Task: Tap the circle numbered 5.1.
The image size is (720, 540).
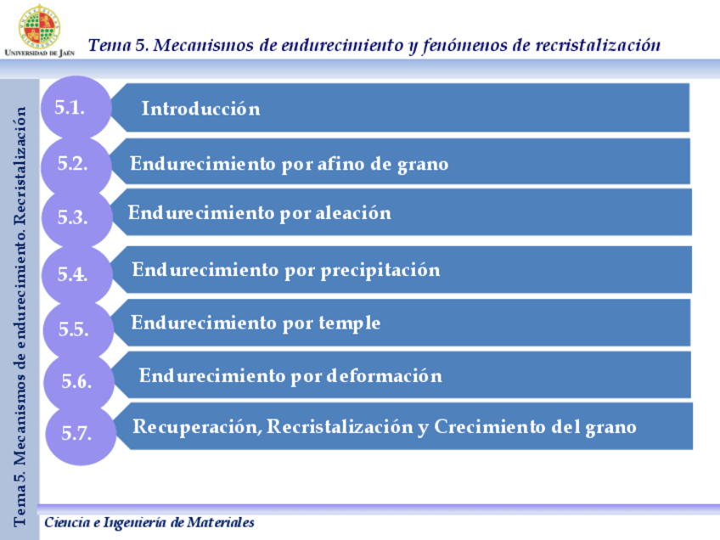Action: click(x=75, y=108)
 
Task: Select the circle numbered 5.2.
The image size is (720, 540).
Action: click(x=75, y=164)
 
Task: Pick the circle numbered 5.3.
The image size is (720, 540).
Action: click(x=75, y=217)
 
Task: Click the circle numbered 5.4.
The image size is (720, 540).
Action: click(x=75, y=274)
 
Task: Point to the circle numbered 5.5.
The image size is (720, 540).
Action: click(x=76, y=329)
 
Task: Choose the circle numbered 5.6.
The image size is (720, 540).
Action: click(x=77, y=381)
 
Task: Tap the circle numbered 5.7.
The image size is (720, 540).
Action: click(x=78, y=432)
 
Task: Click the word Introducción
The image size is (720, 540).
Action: click(x=200, y=109)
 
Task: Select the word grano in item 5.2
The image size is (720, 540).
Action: click(x=422, y=164)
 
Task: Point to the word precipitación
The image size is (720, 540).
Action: click(x=380, y=270)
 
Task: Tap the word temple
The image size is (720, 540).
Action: click(x=350, y=323)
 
